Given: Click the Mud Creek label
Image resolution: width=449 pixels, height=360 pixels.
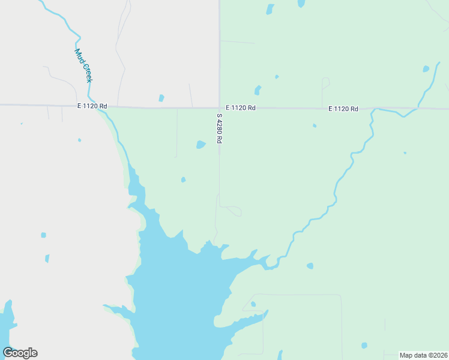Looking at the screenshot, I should [x=83, y=65].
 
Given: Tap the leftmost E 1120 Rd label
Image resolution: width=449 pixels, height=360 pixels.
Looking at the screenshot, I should [x=92, y=106].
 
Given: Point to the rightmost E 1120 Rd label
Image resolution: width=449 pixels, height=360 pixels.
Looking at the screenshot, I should [x=343, y=109].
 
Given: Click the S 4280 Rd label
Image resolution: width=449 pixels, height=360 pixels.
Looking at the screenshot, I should [x=220, y=128].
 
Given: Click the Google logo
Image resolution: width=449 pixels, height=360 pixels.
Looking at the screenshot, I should [x=20, y=353].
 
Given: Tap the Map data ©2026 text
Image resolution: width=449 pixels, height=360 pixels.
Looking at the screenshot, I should [x=424, y=355].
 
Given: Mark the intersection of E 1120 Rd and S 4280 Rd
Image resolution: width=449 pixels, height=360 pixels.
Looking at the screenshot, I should [x=219, y=108].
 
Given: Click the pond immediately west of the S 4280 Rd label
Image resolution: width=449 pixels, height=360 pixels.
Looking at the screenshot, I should [x=200, y=145].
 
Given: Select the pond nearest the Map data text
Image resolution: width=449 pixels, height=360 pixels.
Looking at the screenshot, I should [x=364, y=345].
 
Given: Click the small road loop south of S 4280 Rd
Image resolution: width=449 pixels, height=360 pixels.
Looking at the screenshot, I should [x=234, y=211].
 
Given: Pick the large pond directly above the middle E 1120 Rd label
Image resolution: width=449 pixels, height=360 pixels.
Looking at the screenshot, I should [x=258, y=90].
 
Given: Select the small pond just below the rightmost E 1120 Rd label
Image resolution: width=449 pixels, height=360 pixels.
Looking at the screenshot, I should [x=314, y=125].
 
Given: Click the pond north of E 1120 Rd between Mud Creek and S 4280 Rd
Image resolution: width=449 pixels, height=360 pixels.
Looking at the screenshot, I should [x=161, y=98].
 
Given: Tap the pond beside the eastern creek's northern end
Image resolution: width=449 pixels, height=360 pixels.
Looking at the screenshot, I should [x=426, y=69].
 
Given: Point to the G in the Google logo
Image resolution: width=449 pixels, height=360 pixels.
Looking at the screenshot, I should [x=8, y=353].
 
